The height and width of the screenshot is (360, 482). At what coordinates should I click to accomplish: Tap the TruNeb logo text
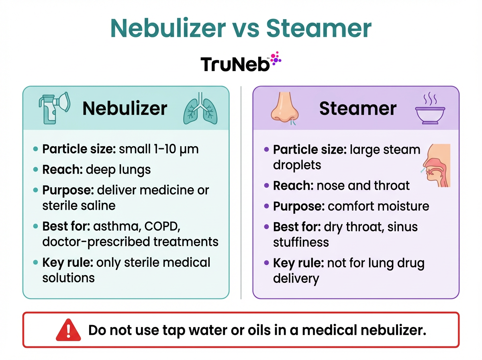(235, 64)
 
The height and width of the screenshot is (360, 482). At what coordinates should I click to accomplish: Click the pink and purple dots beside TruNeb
(276, 59)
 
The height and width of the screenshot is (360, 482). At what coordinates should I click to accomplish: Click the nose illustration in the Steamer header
(284, 108)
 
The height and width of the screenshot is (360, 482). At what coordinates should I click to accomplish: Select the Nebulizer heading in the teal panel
(125, 108)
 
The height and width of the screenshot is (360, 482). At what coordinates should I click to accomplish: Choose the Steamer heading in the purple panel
(358, 108)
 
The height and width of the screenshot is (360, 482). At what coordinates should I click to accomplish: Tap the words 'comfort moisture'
(378, 206)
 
